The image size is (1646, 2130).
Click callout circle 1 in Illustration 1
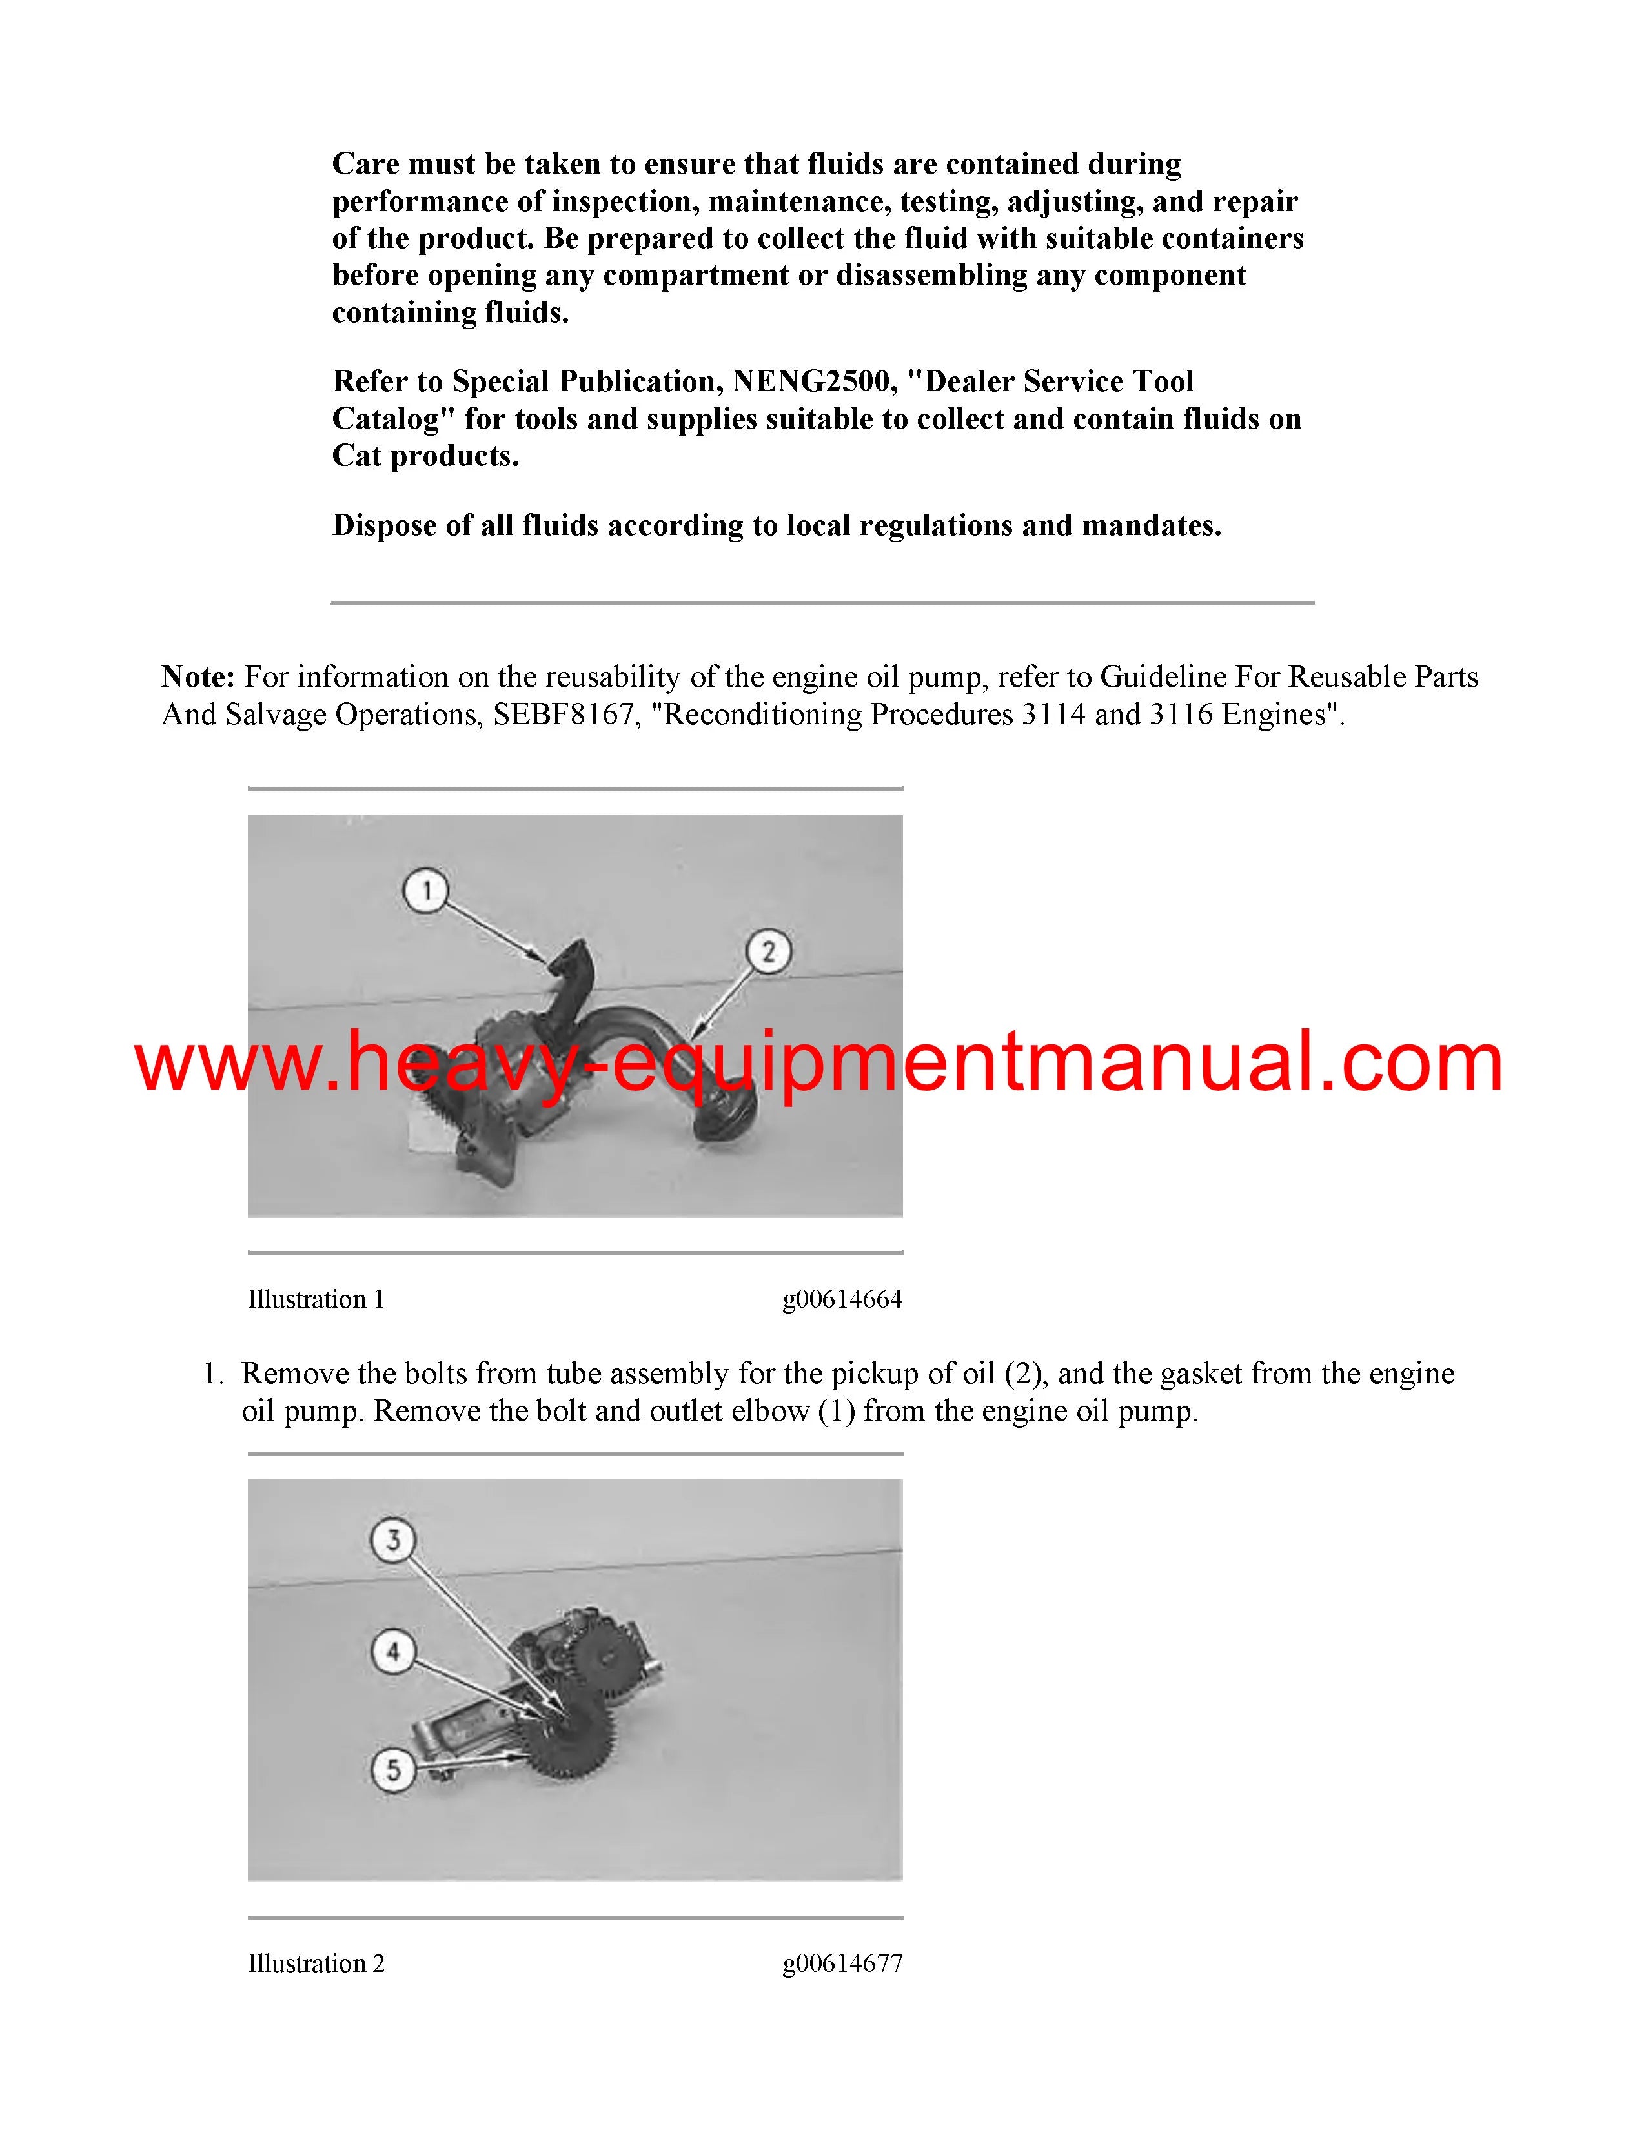click(426, 891)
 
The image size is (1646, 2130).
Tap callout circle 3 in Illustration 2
click(393, 1541)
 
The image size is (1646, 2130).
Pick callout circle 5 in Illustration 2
click(393, 1769)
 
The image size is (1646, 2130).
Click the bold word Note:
click(198, 677)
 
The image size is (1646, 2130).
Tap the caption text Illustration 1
click(316, 1299)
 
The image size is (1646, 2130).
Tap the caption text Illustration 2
click(316, 1963)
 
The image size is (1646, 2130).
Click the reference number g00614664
click(842, 1299)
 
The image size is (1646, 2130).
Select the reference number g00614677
click(842, 1963)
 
